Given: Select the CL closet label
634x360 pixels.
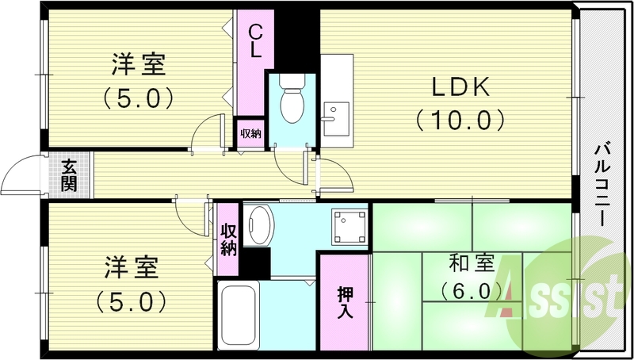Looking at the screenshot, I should [x=255, y=40].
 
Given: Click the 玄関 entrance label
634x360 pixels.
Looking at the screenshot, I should [x=69, y=175].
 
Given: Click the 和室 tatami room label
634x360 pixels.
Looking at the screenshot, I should [x=466, y=261].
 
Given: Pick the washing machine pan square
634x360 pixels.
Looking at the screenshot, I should [x=351, y=227].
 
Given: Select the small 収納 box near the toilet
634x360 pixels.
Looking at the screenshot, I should [x=250, y=133].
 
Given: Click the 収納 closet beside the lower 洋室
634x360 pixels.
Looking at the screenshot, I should [x=229, y=239].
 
